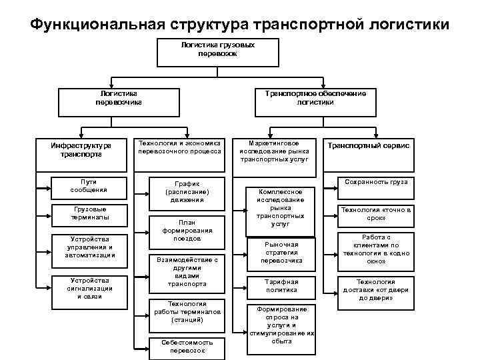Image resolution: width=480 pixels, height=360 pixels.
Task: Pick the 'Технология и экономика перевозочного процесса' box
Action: (179, 149)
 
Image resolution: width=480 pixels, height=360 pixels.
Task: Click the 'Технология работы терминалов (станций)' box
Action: (187, 312)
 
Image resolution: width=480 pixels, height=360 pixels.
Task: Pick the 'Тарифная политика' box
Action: (281, 286)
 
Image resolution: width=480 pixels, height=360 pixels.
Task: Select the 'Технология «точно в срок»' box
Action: (376, 213)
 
